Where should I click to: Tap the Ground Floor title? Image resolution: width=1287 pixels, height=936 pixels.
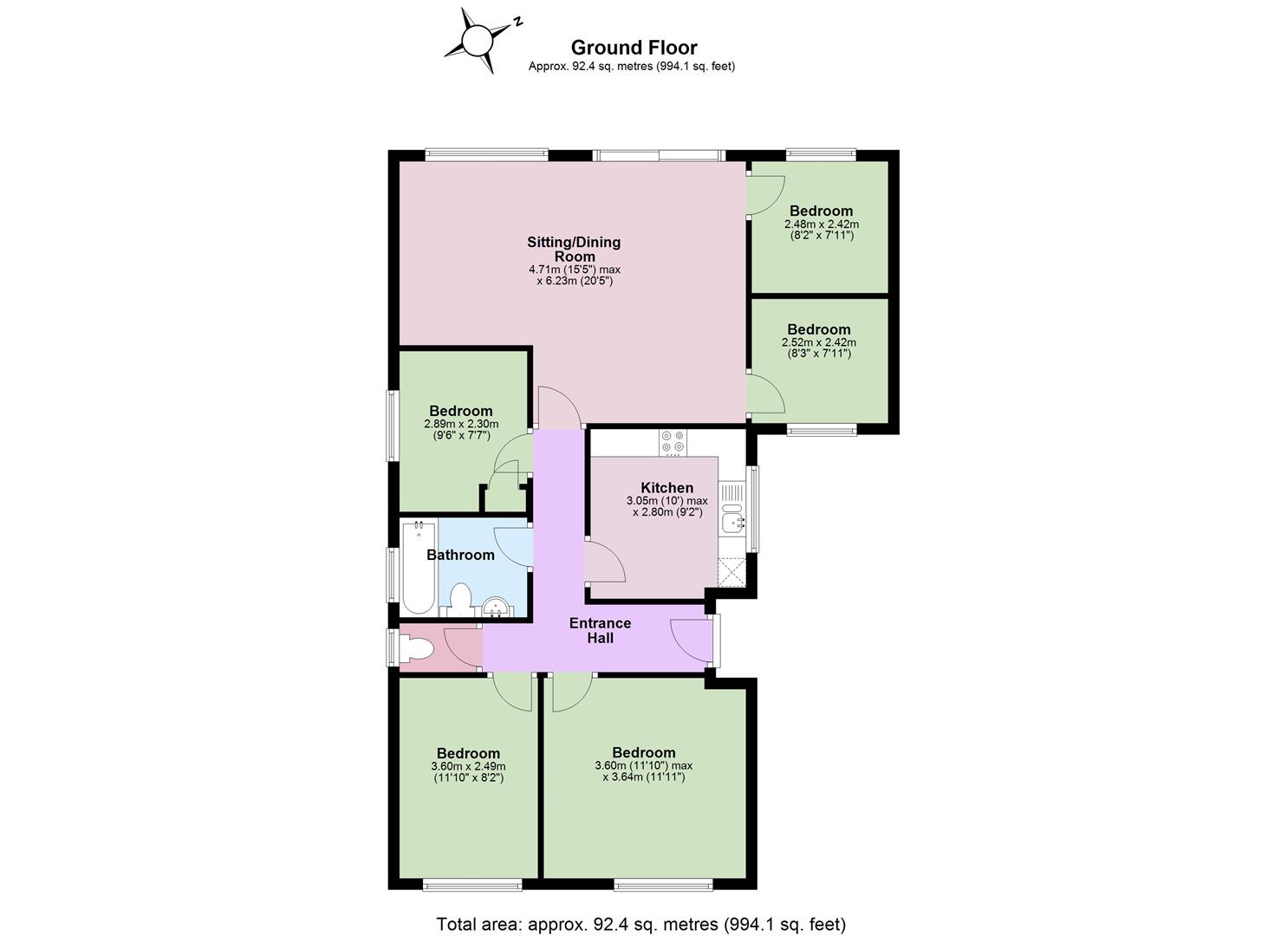coord(634,47)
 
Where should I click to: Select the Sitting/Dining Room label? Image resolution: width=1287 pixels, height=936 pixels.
coord(574,249)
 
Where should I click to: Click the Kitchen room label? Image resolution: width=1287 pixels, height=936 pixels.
coord(667,487)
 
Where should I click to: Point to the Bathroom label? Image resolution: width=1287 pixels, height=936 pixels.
coord(460,555)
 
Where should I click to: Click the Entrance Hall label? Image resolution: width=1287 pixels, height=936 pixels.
coord(600,630)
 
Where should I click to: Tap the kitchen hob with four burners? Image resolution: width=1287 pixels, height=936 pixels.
coord(673,442)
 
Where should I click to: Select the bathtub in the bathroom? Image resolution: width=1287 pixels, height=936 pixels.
coord(419,567)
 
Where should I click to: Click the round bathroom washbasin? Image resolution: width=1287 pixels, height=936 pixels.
coord(495,607)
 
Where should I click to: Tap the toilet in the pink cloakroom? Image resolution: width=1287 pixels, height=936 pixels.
coord(416,649)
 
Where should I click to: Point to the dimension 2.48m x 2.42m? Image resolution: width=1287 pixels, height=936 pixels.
coord(821,224)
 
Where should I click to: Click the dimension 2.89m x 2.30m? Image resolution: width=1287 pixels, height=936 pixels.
coord(461,424)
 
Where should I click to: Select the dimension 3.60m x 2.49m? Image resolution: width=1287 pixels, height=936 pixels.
coord(468,766)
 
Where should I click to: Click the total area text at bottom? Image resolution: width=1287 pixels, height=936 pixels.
coord(641,908)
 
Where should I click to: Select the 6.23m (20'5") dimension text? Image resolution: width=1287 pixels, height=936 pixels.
coord(575,282)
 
